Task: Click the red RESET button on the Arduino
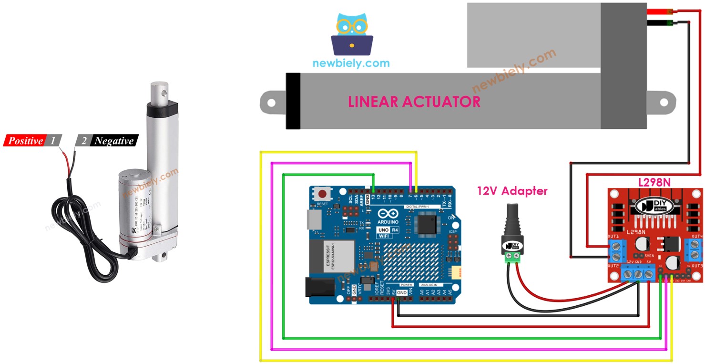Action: [x=323, y=194]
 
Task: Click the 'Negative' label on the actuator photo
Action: [x=113, y=141]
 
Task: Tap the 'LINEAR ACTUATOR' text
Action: [x=414, y=102]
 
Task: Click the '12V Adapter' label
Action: [x=512, y=191]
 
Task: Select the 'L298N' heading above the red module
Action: [x=654, y=182]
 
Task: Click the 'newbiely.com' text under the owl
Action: [x=351, y=63]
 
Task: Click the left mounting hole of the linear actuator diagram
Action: [x=271, y=102]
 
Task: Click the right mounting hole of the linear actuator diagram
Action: [x=664, y=102]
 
